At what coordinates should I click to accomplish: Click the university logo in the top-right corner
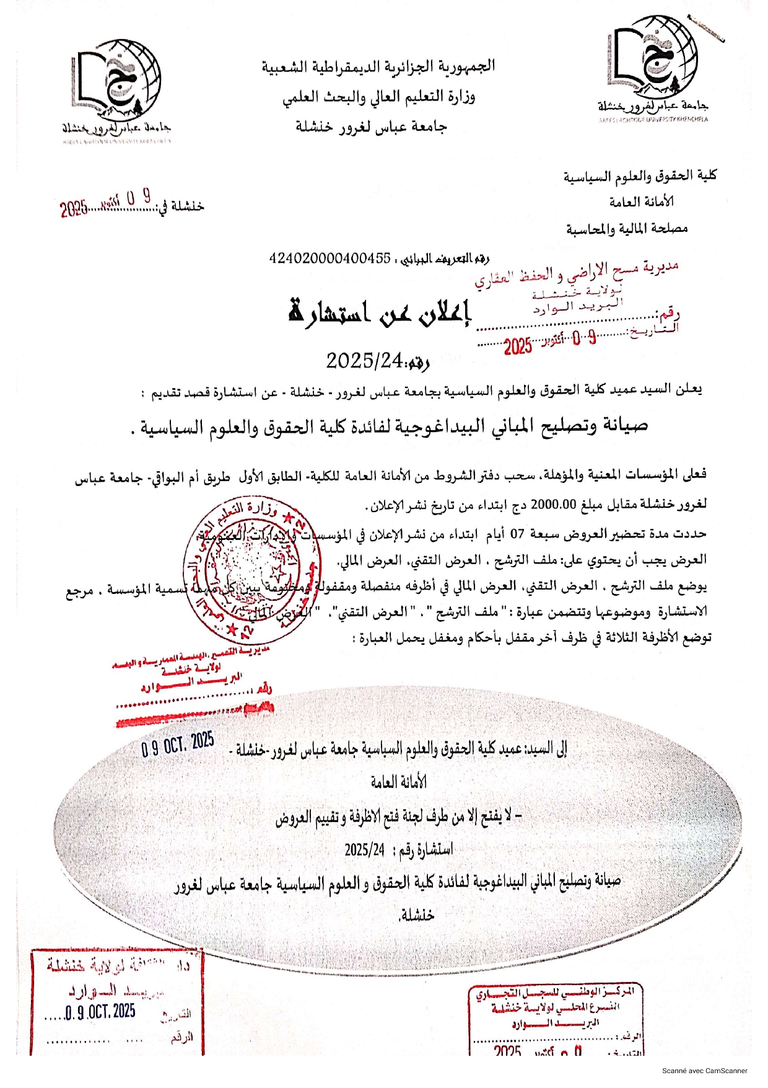tap(653, 68)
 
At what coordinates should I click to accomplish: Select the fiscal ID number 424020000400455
tap(329, 258)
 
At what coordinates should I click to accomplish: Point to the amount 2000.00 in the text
tap(554, 504)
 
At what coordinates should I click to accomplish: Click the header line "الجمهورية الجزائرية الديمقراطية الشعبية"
tap(378, 66)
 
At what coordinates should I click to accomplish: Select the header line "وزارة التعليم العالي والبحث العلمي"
tap(378, 97)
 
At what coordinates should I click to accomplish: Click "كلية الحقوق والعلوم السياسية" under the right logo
tap(640, 176)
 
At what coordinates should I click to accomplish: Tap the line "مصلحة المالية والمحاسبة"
tap(627, 229)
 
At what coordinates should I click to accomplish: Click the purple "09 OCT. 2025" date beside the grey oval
tap(178, 744)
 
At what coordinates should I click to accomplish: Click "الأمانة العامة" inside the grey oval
tap(399, 782)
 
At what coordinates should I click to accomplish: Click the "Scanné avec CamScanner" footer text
tap(704, 1071)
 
